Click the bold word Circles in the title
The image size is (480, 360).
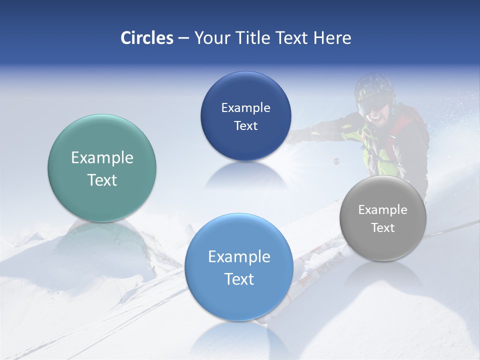pyautogui.click(x=146, y=38)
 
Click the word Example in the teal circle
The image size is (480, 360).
pyautogui.click(x=102, y=158)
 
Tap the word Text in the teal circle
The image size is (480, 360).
pyautogui.click(x=102, y=180)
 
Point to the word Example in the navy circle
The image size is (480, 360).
pyautogui.click(x=245, y=108)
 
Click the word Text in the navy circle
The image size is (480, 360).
pyautogui.click(x=245, y=126)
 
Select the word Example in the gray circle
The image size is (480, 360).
pyautogui.click(x=383, y=210)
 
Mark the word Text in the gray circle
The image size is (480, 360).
pyautogui.click(x=383, y=228)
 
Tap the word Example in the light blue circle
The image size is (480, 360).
pyautogui.click(x=239, y=257)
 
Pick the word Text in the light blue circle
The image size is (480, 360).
pyautogui.click(x=239, y=279)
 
